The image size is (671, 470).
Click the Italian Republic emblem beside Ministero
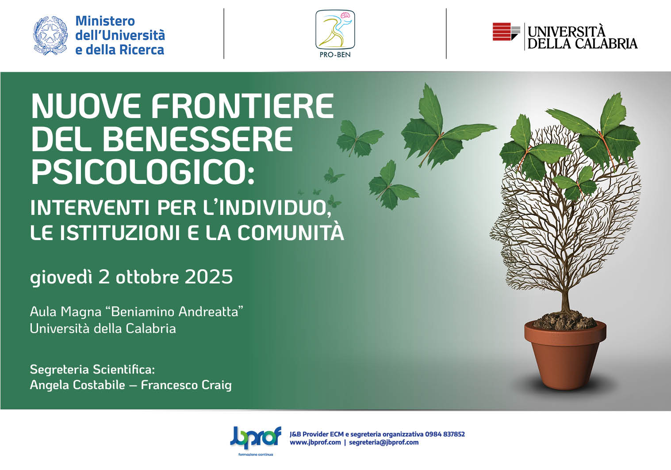pyautogui.click(x=50, y=35)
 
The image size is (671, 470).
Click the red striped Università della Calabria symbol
pyautogui.click(x=506, y=31)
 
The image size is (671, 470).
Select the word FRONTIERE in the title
pyautogui.click(x=242, y=106)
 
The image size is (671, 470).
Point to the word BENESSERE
pyautogui.click(x=197, y=139)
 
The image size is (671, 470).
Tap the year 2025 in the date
pyautogui.click(x=208, y=276)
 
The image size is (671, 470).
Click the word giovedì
pyautogui.click(x=61, y=278)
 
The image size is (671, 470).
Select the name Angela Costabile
pyautogui.click(x=77, y=385)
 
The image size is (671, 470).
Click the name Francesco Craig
pyautogui.click(x=186, y=385)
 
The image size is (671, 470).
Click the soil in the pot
pyautogui.click(x=564, y=321)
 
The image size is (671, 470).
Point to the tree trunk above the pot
pyautogui.click(x=565, y=301)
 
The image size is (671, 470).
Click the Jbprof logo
pyautogui.click(x=256, y=439)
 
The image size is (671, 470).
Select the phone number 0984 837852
pyautogui.click(x=445, y=434)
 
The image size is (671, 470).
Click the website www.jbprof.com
pyautogui.click(x=315, y=443)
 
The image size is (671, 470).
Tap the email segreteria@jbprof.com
pyautogui.click(x=384, y=443)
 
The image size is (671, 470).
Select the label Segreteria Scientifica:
pyautogui.click(x=92, y=370)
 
